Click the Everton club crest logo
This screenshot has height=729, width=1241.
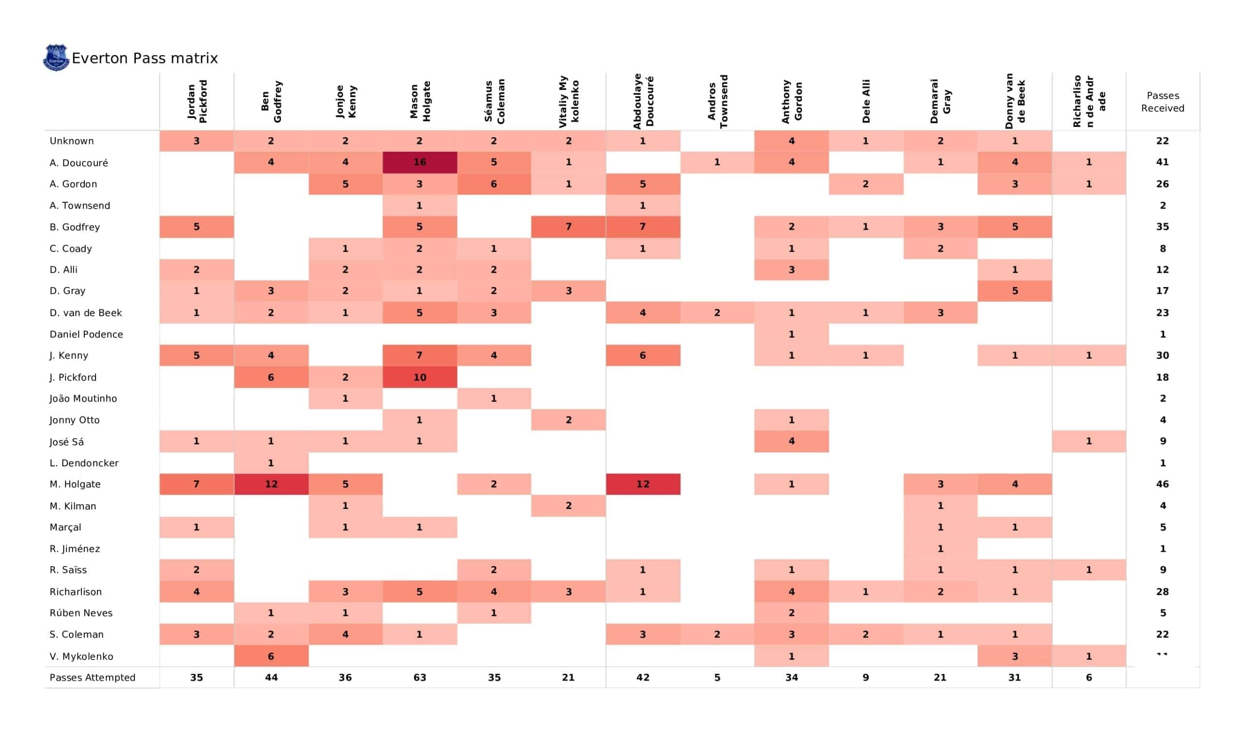coord(56,58)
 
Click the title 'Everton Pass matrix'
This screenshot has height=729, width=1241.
coord(145,58)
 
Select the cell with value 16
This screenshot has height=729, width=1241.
coord(420,162)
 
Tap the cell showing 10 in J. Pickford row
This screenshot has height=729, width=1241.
coord(420,377)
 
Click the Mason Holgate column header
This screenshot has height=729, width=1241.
coord(420,101)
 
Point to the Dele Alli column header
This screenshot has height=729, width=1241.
coord(866,101)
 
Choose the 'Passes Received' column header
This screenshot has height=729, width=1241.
coord(1162,101)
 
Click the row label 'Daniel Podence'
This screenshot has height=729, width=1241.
coord(86,334)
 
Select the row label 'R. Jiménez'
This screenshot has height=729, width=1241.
coord(75,549)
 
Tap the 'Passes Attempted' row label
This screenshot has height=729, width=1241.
coord(92,678)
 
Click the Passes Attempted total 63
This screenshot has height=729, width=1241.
coord(420,678)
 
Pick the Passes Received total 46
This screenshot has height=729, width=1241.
coord(1162,484)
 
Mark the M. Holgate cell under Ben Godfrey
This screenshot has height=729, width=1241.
coord(271,484)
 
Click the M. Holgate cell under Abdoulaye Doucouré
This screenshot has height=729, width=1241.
coord(643,484)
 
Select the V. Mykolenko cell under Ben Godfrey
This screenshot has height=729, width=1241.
coord(271,656)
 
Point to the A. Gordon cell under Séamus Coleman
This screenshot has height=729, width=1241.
coord(494,184)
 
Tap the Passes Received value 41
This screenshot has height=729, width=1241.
coord(1162,162)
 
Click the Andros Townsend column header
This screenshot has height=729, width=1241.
coord(717,101)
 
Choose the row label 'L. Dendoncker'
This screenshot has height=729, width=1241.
coord(84,463)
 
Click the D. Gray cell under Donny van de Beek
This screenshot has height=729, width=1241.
coord(1015,291)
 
